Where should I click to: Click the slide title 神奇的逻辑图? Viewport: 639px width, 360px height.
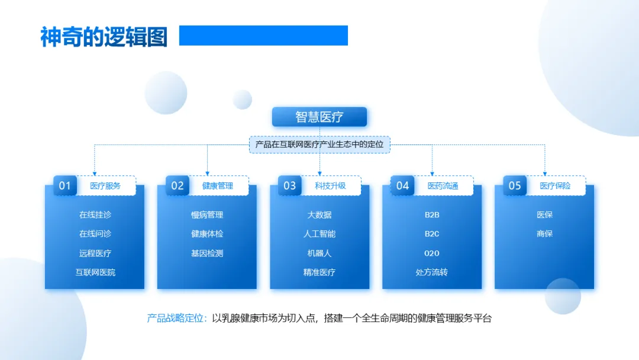coord(104,37)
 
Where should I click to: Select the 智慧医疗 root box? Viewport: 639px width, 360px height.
coord(319,117)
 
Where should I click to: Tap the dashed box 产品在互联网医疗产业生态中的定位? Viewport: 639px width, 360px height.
coord(319,144)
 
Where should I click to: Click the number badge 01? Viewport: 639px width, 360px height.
coord(64,185)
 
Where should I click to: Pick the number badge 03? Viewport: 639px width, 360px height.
coord(289,185)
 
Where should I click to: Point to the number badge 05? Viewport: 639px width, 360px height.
coord(515,185)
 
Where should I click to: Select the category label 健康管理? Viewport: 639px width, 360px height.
coord(218,186)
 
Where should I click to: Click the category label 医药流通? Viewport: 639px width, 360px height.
coord(443,186)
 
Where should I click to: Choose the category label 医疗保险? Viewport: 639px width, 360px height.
coord(555,186)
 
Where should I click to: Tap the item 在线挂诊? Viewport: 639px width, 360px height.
coord(95,215)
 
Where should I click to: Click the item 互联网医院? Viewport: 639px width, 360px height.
coord(95,272)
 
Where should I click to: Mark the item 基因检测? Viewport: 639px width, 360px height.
coord(207,253)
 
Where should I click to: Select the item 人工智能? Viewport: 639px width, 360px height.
coord(319,234)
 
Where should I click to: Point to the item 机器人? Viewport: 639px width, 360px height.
coord(319,253)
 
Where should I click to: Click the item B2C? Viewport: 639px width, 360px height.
coord(432,234)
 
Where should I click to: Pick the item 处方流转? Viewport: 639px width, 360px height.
coord(432,272)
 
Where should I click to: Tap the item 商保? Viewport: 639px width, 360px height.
coord(544,234)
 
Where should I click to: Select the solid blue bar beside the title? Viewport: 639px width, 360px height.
coord(263,36)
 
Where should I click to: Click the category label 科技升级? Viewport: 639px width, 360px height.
coord(330,186)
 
